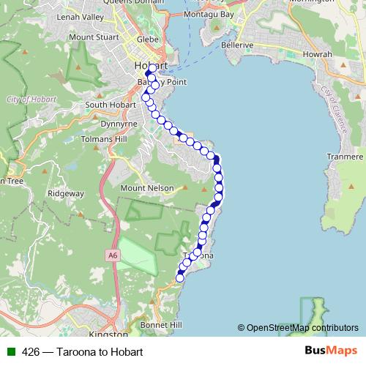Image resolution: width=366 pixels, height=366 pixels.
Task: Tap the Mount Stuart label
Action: click(91, 37)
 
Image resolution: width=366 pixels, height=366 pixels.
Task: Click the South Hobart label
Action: click(108, 105)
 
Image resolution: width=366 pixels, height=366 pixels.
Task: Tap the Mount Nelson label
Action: click(147, 188)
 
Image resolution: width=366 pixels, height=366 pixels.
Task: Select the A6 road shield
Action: click(111, 255)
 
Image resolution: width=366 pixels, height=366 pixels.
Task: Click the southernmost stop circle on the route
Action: click(180, 277)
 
